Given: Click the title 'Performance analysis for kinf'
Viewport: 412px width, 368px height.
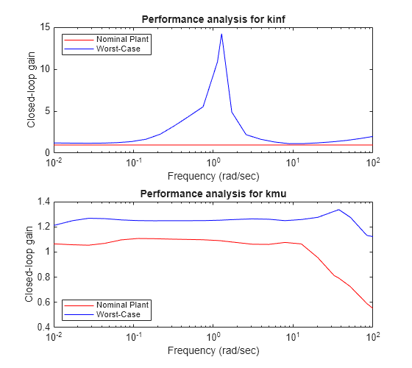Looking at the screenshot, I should pos(213,18).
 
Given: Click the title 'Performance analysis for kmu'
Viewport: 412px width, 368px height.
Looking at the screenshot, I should pos(213,193).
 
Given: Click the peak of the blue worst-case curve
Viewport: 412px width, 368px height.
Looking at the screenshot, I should pos(221,34).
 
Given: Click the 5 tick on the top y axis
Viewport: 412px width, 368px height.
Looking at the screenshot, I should pos(46,111).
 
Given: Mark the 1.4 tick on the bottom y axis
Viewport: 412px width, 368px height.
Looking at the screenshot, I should pos(42,202).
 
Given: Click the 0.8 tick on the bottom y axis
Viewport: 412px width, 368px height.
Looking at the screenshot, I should pos(42,277).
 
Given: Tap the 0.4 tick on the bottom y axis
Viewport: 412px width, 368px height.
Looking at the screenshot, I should pos(42,327).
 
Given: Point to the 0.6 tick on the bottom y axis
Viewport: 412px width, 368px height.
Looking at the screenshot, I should pos(42,302).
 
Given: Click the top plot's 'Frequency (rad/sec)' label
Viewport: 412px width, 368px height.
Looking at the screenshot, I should pos(213,176).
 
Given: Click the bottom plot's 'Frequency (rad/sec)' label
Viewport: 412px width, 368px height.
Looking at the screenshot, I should pos(213,350).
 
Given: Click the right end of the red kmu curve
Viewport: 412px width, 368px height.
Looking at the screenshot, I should pos(372,308).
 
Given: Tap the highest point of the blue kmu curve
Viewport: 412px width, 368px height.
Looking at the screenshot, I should pos(338,210).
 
